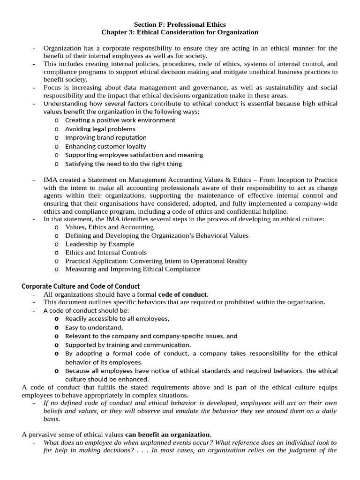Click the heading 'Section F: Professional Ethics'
click(x=180, y=24)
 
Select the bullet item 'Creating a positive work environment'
click(x=120, y=120)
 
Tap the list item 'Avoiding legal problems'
click(x=100, y=129)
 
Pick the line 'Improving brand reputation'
click(x=106, y=137)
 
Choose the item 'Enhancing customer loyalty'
click(x=105, y=146)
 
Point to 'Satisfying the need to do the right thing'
click(x=123, y=164)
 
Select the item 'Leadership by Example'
click(x=99, y=244)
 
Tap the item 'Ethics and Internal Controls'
click(x=106, y=252)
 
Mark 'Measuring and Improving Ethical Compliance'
click(x=133, y=269)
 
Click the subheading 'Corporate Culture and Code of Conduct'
click(x=81, y=286)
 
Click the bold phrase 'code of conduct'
click(x=182, y=294)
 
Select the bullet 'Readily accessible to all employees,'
click(x=117, y=319)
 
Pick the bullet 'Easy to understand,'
click(x=94, y=327)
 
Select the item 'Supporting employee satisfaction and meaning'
click(x=134, y=155)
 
